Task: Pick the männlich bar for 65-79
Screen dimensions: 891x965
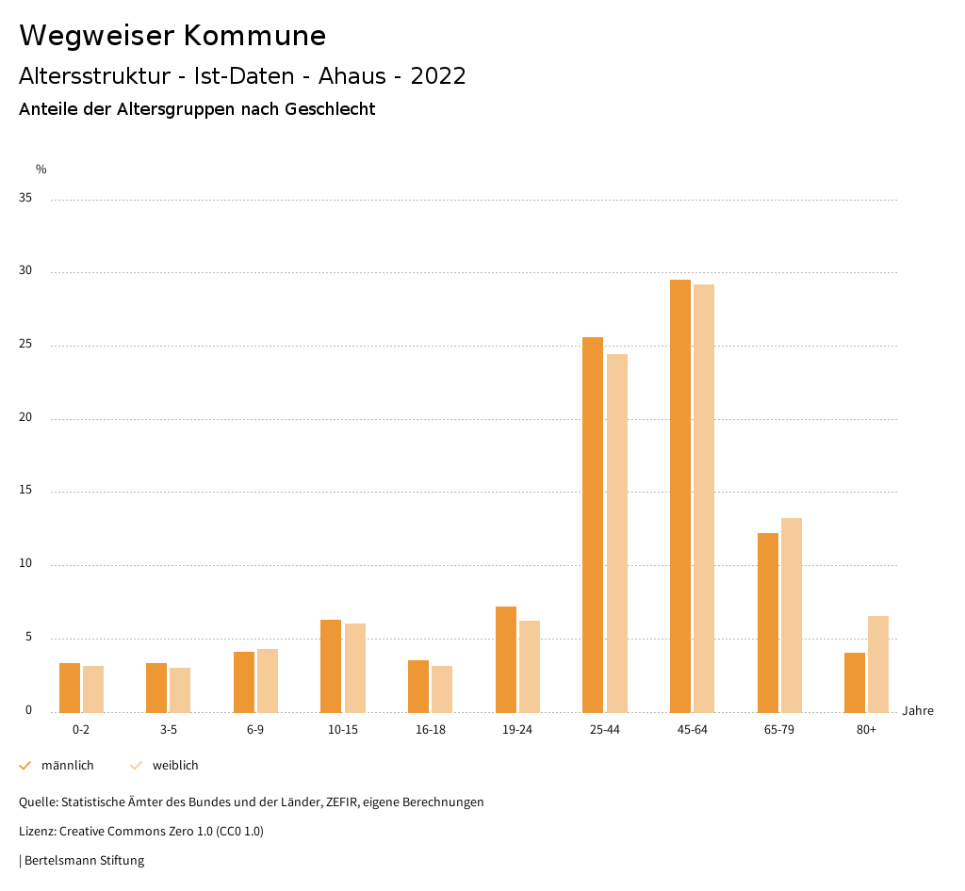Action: click(768, 623)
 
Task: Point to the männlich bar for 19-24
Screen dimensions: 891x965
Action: click(506, 659)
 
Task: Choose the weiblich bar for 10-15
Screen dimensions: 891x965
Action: click(355, 668)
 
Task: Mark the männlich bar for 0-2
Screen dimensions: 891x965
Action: click(70, 688)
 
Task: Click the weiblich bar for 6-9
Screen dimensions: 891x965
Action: click(268, 680)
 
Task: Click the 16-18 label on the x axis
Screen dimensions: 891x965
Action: click(431, 731)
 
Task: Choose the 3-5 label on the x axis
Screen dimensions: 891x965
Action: click(169, 731)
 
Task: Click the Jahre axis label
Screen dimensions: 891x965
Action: click(918, 711)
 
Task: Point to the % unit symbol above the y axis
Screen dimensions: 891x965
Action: click(41, 170)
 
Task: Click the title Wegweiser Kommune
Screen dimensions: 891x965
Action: click(172, 36)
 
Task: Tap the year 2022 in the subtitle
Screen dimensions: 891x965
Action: click(438, 76)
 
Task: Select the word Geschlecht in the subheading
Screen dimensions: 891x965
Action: click(331, 109)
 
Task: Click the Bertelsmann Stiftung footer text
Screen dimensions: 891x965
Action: click(84, 861)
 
